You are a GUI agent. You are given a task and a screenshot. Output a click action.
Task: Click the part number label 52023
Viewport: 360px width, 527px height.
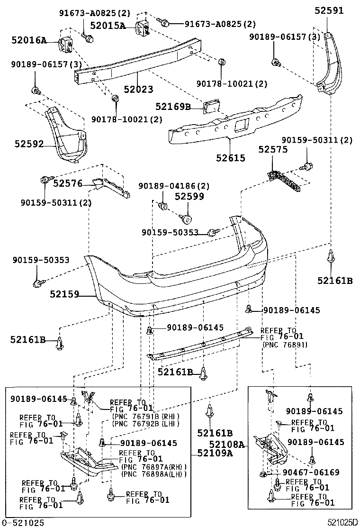coord(138,89)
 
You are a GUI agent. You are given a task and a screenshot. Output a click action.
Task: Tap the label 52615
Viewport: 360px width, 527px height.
coord(231,158)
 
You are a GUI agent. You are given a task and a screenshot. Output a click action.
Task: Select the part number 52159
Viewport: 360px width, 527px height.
coord(64,294)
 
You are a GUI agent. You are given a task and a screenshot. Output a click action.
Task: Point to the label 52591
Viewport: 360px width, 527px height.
coord(329,10)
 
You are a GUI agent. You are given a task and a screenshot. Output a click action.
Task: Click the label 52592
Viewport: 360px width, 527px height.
coord(29,144)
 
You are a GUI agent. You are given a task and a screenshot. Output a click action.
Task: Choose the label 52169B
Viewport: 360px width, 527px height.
coord(173,107)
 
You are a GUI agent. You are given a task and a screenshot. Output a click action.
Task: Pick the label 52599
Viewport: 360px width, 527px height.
coord(189,196)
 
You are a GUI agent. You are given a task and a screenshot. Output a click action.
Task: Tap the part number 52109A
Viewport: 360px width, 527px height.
coord(215,453)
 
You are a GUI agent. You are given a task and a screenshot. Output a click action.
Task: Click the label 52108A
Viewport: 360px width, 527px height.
coord(227,445)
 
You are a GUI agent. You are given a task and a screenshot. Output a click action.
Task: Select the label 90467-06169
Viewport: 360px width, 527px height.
coord(311,472)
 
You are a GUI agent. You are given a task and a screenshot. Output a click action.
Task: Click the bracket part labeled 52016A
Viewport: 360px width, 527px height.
coord(66,45)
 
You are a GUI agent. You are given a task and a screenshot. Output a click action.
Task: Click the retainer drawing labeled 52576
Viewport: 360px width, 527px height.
coord(110,187)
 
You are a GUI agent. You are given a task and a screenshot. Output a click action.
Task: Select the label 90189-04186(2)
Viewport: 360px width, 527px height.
coord(174,185)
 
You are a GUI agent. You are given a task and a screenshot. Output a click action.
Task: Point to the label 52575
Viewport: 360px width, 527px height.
coord(273,149)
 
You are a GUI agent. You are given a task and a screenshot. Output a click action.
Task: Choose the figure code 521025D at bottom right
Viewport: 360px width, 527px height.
coord(343,522)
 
